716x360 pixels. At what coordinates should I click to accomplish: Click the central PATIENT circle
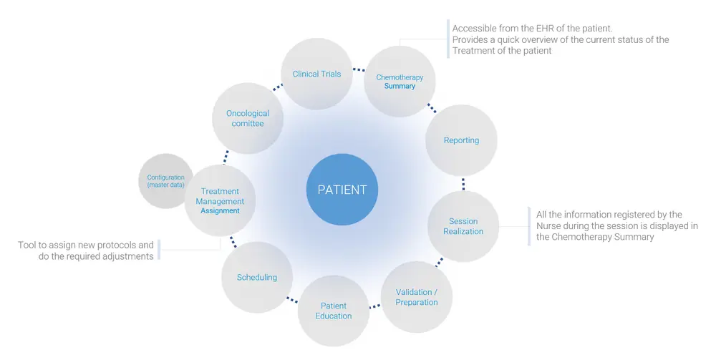342,190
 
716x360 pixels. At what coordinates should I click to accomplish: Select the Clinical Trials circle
316,74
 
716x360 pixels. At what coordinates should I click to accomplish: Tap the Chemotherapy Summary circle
400,81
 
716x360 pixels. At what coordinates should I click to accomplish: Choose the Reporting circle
461,140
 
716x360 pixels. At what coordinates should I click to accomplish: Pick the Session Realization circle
463,226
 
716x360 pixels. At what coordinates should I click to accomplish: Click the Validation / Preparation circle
416,297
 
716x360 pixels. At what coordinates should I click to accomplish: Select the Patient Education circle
334,311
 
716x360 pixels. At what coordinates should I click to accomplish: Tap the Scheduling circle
257,277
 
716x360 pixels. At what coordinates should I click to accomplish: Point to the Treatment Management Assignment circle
221,200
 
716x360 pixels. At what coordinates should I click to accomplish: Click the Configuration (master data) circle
165,181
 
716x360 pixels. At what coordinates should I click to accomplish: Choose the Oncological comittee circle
248,118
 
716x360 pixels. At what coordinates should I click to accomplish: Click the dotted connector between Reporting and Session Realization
463,183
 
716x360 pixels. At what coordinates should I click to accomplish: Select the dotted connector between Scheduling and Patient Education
292,299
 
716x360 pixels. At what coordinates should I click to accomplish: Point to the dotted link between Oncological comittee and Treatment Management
226,157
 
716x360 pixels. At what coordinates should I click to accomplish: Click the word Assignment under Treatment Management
220,210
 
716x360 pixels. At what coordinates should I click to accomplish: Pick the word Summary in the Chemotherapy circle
400,86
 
